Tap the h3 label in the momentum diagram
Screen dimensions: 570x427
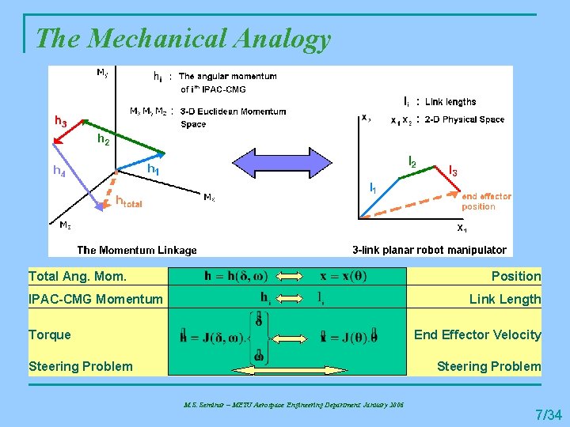pos(60,122)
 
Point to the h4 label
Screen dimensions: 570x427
pos(59,169)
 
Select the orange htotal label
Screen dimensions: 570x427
pos(128,202)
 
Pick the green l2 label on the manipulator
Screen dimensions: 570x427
pos(412,161)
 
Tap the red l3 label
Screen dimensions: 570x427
pos(454,170)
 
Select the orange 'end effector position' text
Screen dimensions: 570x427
pos(485,201)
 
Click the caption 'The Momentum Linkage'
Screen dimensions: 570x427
pos(137,250)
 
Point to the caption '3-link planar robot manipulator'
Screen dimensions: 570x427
pos(429,250)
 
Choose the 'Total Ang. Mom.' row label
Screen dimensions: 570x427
pos(78,276)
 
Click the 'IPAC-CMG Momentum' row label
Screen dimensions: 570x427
pos(95,299)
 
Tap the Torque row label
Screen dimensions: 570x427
pos(49,334)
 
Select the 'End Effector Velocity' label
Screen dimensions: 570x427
pos(477,334)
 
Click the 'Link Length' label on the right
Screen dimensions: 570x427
pos(505,299)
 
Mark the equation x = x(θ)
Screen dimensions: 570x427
pos(343,276)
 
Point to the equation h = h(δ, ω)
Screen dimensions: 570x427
pos(236,276)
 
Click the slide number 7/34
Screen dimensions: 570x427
pos(549,414)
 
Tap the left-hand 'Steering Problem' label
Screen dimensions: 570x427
pos(81,366)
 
